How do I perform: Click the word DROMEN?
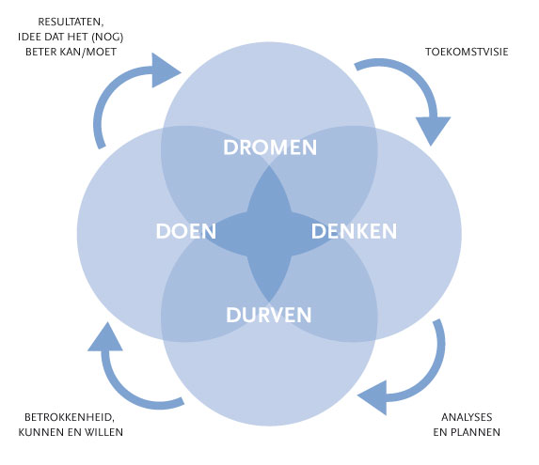coord(270,147)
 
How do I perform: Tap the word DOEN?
coord(186,231)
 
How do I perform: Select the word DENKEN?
coord(354,231)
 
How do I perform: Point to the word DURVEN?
coord(269,315)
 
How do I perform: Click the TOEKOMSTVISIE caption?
coord(467,52)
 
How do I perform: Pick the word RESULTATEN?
coord(71,22)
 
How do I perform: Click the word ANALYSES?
coord(467,417)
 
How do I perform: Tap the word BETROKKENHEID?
coord(70,417)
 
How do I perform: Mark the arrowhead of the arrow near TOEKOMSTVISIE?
coord(433,129)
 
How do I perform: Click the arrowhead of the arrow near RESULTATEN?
coord(165,70)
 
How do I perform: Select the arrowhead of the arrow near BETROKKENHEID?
coord(105,338)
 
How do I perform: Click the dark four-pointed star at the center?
coord(269,234)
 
